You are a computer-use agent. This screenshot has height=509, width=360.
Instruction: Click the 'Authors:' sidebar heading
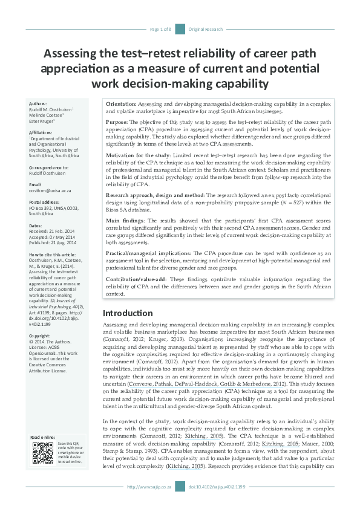click(38, 104)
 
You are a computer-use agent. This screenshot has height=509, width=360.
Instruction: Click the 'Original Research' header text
click(206, 29)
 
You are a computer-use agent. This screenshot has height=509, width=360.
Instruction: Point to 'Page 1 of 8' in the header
click(160, 29)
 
